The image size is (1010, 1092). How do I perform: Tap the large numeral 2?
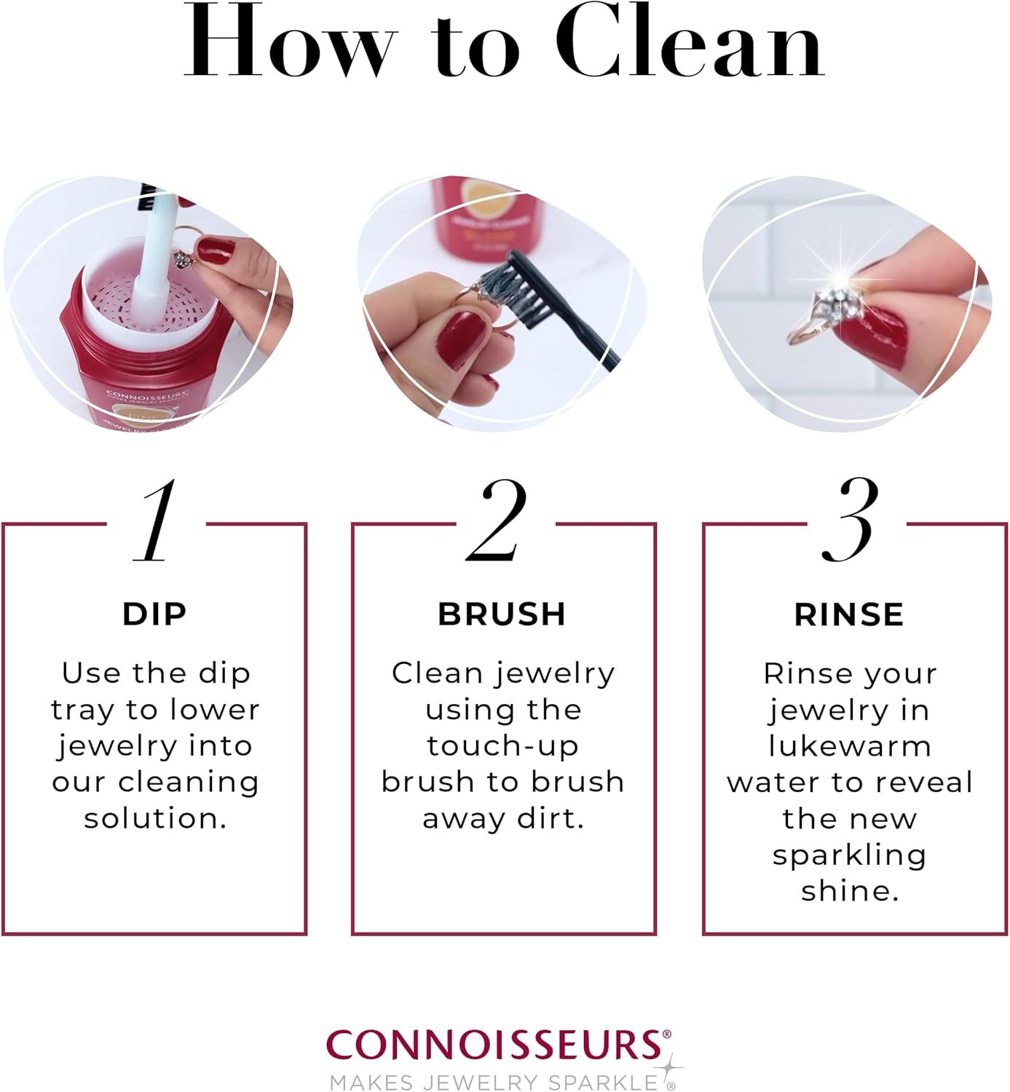click(x=498, y=521)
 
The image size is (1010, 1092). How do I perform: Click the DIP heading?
click(x=154, y=614)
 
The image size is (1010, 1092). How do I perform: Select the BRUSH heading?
click(x=502, y=614)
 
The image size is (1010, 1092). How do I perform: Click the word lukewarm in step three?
click(x=849, y=746)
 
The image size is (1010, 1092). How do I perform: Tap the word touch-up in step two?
click(x=502, y=746)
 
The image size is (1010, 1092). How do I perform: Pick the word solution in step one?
click(x=154, y=818)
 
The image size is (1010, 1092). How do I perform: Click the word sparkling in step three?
click(x=849, y=855)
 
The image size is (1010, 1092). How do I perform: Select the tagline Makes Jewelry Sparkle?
click(x=494, y=1082)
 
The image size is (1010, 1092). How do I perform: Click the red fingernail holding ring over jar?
click(x=216, y=251)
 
